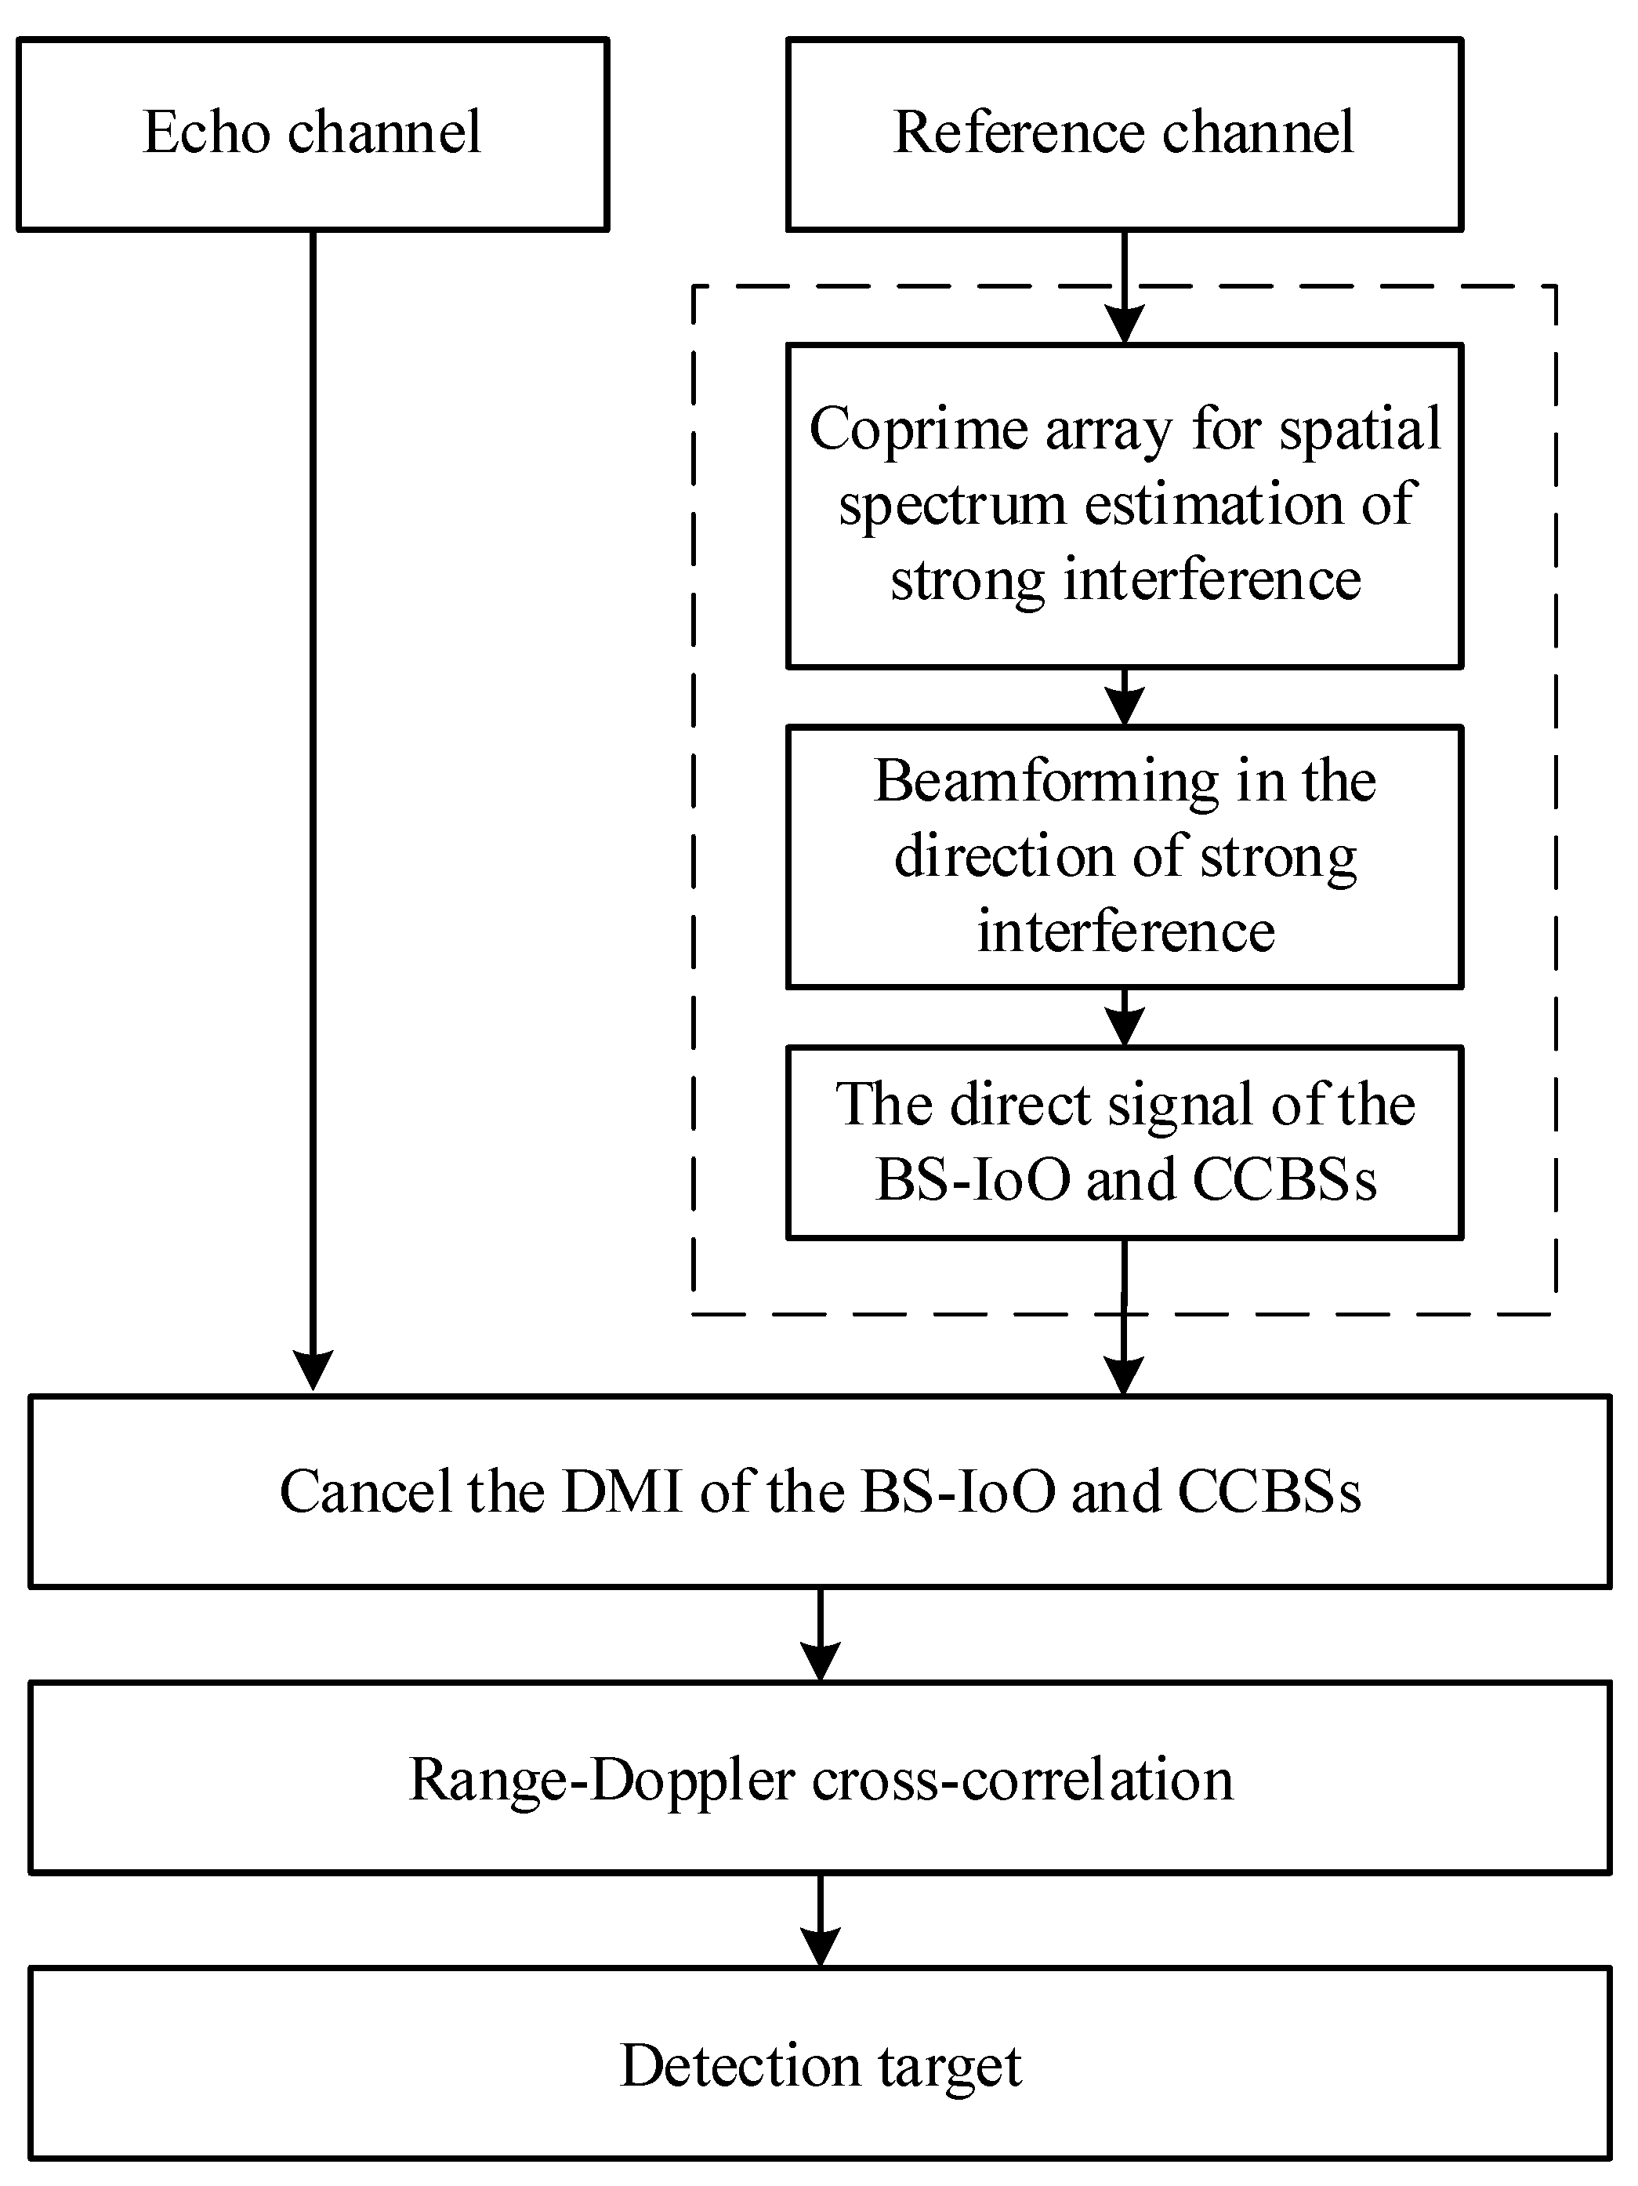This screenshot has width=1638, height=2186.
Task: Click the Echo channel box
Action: [312, 134]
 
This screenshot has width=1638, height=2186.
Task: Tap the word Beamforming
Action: [1045, 781]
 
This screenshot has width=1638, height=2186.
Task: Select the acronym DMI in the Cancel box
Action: [622, 1491]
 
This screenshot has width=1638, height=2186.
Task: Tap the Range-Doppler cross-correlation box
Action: [820, 1780]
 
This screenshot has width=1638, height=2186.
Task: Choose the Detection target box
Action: [820, 2065]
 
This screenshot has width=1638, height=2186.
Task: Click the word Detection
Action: [739, 2065]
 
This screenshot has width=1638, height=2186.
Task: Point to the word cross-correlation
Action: [1023, 1780]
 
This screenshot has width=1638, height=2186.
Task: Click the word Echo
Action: [206, 133]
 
